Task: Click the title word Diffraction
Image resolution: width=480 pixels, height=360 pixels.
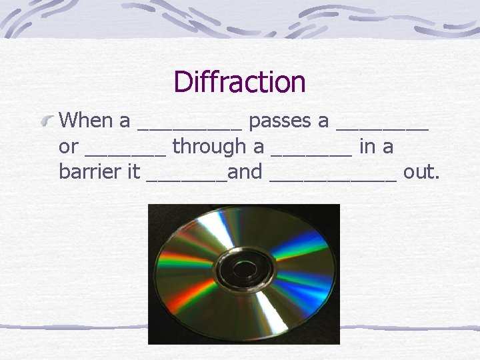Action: [239, 83]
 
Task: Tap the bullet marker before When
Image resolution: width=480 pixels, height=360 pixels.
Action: [48, 121]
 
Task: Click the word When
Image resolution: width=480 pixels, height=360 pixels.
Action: [85, 121]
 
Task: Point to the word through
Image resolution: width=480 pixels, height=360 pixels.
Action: [209, 147]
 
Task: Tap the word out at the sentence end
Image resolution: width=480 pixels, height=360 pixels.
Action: [421, 171]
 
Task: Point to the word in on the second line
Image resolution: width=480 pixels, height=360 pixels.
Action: [367, 147]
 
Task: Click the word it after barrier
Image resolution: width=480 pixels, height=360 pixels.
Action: [133, 171]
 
